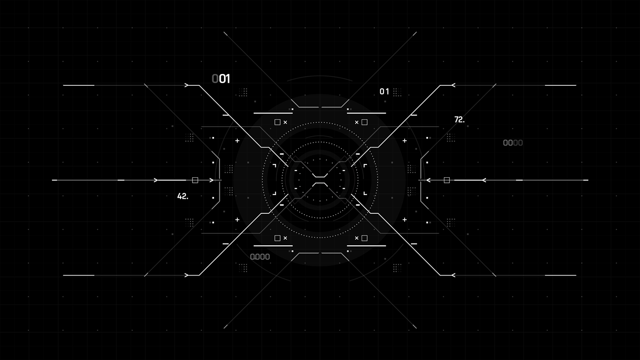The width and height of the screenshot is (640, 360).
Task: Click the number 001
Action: (x=221, y=79)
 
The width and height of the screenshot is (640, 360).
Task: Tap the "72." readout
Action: (x=459, y=120)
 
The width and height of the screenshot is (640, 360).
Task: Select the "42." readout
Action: (x=182, y=196)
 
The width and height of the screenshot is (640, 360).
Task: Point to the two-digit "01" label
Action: (x=384, y=92)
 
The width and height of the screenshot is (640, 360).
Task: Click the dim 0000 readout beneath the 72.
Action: (x=512, y=143)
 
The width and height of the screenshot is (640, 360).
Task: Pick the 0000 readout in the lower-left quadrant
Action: (x=260, y=257)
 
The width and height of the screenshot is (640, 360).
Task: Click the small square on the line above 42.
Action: (x=195, y=180)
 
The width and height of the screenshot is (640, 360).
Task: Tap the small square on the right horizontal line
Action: (x=447, y=180)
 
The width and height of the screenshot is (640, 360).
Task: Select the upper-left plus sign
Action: (x=237, y=141)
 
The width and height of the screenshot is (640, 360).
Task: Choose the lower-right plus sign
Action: (x=405, y=220)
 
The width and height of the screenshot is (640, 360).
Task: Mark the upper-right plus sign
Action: (x=405, y=141)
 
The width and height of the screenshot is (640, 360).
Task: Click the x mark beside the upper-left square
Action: (x=285, y=122)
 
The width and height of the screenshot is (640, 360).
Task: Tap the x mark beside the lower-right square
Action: (x=357, y=238)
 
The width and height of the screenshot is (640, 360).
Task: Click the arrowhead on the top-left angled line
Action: (x=187, y=85)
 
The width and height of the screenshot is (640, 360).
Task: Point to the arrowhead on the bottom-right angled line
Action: (x=453, y=275)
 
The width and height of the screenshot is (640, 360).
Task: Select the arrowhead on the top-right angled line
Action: (x=453, y=85)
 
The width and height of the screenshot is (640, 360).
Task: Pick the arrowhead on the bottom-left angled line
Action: (x=187, y=275)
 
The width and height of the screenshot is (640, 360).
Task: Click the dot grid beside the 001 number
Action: (x=243, y=92)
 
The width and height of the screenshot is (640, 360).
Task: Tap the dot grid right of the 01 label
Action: (x=397, y=92)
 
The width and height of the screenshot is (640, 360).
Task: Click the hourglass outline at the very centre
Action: (x=320, y=180)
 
